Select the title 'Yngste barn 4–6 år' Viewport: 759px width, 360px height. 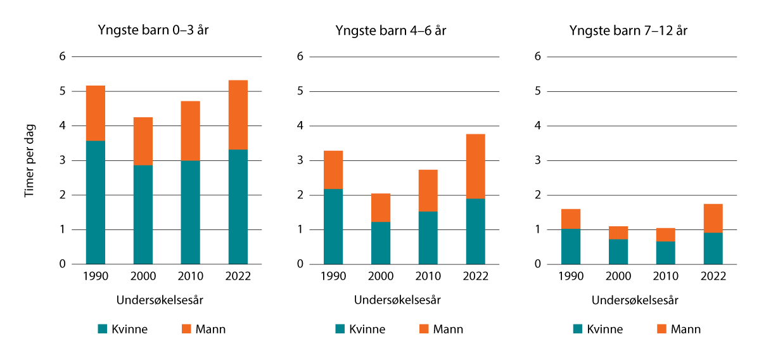(390, 31)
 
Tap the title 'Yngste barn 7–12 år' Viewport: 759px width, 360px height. (628, 31)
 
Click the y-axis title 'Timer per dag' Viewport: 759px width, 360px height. (29, 160)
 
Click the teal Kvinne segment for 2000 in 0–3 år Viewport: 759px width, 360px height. (143, 214)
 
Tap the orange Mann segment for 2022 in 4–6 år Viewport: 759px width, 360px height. (476, 166)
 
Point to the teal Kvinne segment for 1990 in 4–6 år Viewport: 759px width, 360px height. (333, 226)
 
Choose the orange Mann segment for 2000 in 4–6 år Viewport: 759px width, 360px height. (381, 207)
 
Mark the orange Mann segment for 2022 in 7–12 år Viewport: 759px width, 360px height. (713, 218)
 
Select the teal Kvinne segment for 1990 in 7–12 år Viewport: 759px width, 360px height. (571, 246)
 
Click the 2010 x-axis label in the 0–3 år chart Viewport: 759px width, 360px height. (191, 276)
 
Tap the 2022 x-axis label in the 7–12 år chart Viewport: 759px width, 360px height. (713, 276)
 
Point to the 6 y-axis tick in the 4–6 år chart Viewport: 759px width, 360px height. (300, 57)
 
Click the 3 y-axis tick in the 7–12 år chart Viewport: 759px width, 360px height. (538, 160)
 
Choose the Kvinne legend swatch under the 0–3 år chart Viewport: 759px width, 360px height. (103, 329)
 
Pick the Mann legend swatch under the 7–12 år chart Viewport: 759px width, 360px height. (661, 329)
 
